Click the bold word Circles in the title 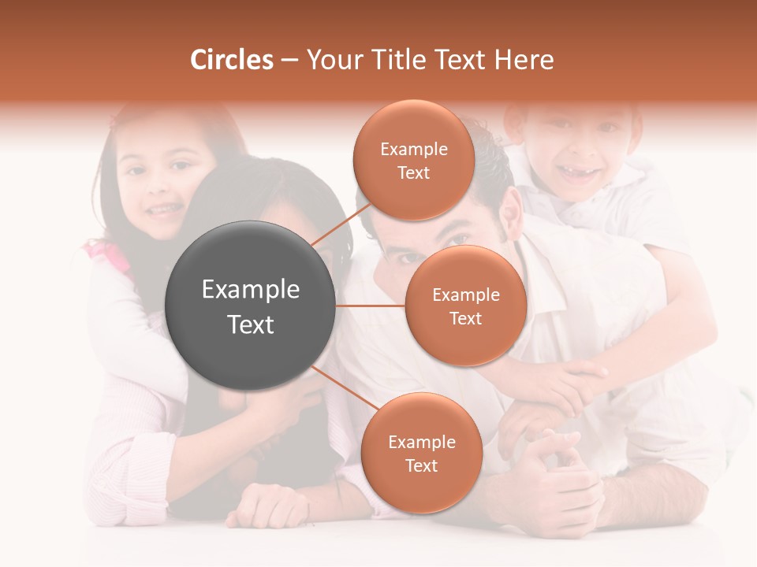[232, 60]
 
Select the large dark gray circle [250, 306]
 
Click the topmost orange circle [413, 160]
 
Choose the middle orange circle [465, 306]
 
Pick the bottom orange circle [421, 453]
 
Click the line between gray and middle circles [371, 306]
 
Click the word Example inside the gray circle [250, 289]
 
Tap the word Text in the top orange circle [413, 172]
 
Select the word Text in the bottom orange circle [421, 465]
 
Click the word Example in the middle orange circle [465, 295]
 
